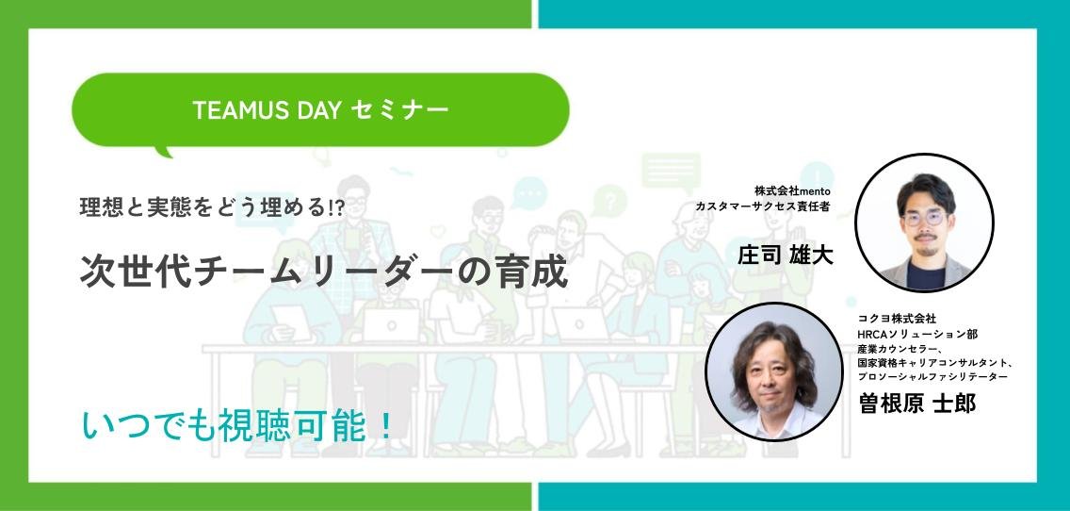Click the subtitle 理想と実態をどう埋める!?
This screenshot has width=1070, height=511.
(213, 207)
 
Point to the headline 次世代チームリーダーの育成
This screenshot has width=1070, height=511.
(324, 272)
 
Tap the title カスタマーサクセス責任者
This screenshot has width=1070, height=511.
(763, 206)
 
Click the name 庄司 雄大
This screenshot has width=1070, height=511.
(785, 255)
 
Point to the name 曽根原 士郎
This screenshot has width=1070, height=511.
(917, 404)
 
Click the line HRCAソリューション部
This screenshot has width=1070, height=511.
(917, 334)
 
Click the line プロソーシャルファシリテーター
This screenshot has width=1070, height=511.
(932, 377)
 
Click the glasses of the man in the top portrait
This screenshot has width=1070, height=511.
(923, 218)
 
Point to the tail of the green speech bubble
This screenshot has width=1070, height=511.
(164, 150)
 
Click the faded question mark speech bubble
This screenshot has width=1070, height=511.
(609, 202)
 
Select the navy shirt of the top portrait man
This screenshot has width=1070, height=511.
(925, 274)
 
